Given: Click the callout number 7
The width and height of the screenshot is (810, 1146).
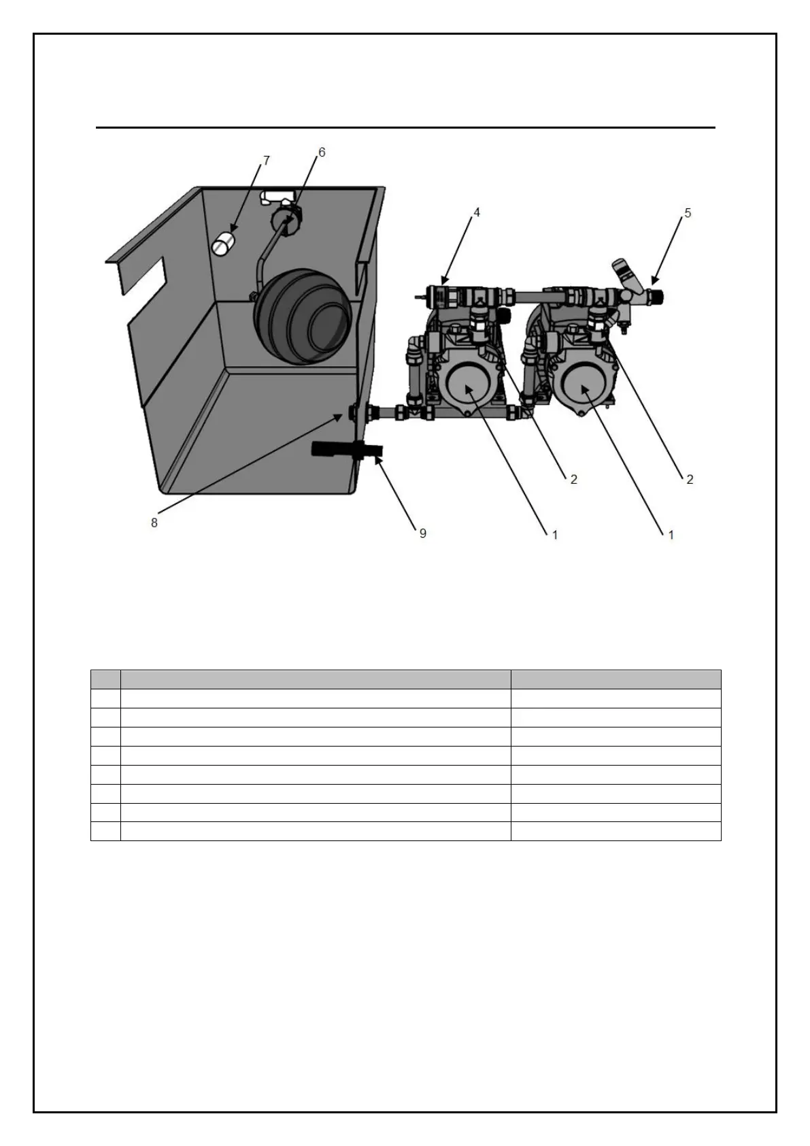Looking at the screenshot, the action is [267, 161].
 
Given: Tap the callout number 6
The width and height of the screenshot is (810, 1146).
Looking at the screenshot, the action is [322, 152].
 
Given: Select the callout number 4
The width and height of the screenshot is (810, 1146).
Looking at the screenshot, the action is [477, 213].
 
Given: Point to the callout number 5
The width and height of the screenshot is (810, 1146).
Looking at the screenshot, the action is [688, 213].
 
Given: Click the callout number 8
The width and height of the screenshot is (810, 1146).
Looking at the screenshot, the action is [154, 523].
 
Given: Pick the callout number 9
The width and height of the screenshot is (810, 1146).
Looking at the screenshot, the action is [422, 533].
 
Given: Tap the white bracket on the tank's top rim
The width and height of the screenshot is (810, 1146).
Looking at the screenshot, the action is [277, 197].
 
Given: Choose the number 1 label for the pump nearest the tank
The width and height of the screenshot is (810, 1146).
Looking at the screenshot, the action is [554, 535].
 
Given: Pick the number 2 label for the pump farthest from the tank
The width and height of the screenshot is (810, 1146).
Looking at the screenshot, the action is [690, 479].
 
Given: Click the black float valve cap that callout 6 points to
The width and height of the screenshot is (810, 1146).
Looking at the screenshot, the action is [285, 219].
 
